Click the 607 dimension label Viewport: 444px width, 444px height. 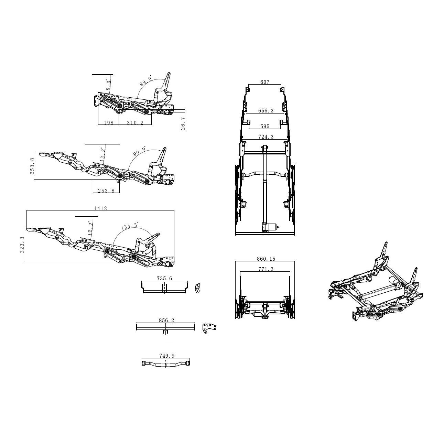tap(265, 82)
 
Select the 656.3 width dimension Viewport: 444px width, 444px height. tap(266, 111)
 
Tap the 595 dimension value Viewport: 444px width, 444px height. tap(265, 127)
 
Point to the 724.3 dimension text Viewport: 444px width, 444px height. tap(266, 137)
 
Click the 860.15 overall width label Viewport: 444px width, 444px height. tap(266, 259)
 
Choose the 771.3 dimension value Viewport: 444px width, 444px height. tap(266, 269)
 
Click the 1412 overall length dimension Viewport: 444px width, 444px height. tap(101, 208)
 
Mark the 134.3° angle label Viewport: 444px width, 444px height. tap(130, 226)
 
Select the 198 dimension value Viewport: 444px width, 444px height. tap(109, 123)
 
